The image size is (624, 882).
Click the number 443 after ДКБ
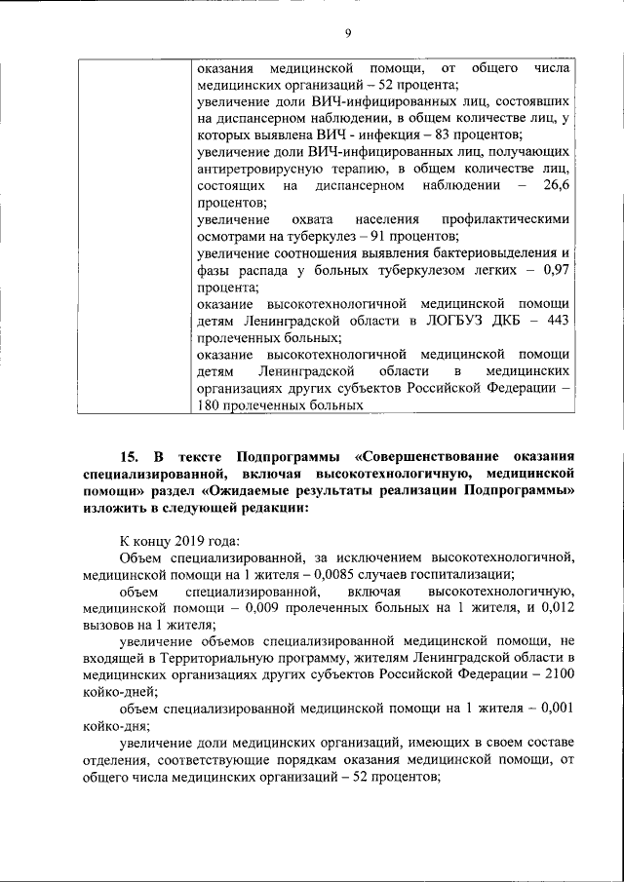554,320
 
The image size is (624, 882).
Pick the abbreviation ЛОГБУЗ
445,320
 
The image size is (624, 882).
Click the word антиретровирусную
254,169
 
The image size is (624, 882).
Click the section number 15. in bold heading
131,457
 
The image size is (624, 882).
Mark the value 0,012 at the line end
553,606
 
